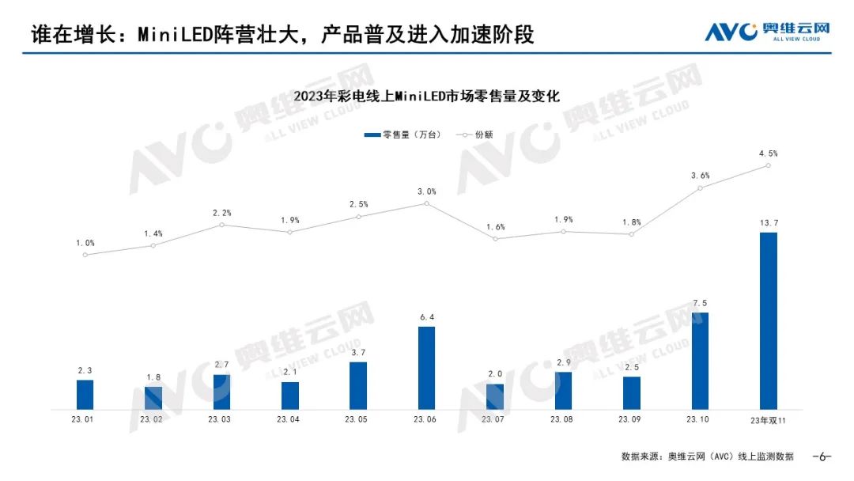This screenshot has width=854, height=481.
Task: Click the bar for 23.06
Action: click(426, 367)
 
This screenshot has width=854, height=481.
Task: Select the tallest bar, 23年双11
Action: click(768, 320)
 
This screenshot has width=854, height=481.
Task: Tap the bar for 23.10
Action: click(700, 360)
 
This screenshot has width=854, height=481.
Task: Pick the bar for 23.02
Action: click(153, 397)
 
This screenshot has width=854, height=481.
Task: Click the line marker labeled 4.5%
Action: click(768, 165)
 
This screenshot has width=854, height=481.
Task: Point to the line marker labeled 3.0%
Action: click(426, 203)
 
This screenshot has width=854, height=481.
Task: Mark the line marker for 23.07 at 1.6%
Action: click(495, 238)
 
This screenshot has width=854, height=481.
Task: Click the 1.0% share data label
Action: click(85, 243)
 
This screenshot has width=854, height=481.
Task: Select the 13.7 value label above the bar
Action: click(768, 222)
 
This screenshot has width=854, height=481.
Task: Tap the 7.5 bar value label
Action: click(700, 301)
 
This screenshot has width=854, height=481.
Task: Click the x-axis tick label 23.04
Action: click(289, 419)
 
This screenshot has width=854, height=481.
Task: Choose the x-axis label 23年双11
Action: click(768, 419)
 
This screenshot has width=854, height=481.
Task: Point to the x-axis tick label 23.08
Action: click(563, 419)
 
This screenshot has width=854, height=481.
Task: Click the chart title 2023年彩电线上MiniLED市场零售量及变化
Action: click(426, 97)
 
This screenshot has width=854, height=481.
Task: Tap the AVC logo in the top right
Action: click(767, 32)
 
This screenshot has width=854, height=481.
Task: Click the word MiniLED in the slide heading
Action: click(176, 35)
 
